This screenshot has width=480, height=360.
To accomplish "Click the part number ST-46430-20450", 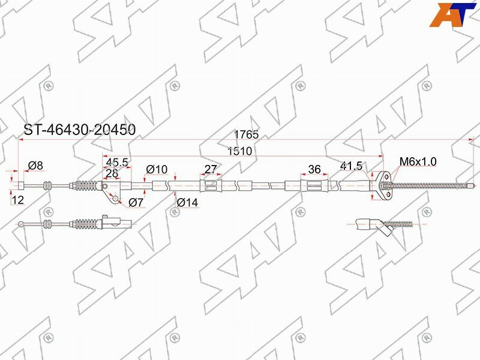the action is tap(79, 130).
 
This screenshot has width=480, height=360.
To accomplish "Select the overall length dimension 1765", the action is tap(246, 135).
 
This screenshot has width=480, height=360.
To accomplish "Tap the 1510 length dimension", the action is tap(239, 152).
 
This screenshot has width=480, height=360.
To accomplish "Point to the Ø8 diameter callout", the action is tap(35, 166).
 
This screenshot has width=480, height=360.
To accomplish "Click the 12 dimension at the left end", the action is tap(17, 200).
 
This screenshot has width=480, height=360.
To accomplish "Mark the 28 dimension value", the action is tap(112, 173).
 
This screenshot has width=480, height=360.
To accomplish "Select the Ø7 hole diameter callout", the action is tap(136, 203).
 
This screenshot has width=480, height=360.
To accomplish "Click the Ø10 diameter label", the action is tap(157, 170).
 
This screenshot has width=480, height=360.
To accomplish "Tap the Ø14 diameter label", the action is tap(187, 203).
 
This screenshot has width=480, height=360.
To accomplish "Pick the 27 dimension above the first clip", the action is tap(210, 169).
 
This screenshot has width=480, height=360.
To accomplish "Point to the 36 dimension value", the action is tap(314, 169).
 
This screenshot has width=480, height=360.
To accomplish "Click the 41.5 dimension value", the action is tap(351, 166).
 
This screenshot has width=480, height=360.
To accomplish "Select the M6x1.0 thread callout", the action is tap(418, 161).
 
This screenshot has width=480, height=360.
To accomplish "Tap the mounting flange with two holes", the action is tap(383, 185).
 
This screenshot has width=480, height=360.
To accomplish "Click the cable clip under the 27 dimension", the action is tap(209, 186).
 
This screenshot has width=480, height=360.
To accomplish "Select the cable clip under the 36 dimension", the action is tap(314, 186).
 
